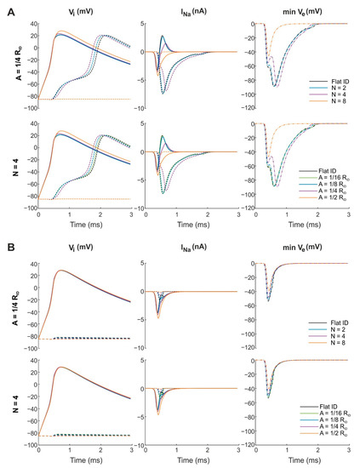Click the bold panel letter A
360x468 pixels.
[7, 6]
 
